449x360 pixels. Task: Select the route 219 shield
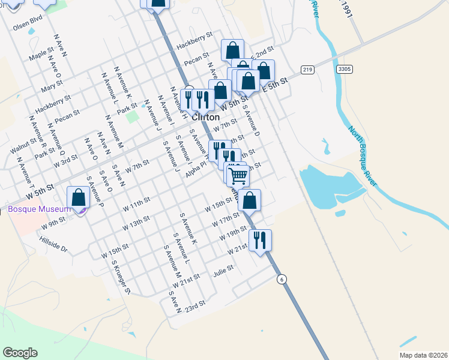pyautogui.click(x=308, y=70)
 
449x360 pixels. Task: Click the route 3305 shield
pyautogui.click(x=344, y=69)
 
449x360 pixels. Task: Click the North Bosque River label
pyautogui.click(x=364, y=155)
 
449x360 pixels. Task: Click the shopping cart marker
pyautogui.click(x=239, y=175)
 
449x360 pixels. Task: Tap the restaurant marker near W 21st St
pyautogui.click(x=260, y=240)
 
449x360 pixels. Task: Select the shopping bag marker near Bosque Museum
pyautogui.click(x=78, y=197)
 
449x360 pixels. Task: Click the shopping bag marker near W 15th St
pyautogui.click(x=250, y=200)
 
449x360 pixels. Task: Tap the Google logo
pyautogui.click(x=20, y=353)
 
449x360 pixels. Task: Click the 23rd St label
pyautogui.click(x=195, y=305)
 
